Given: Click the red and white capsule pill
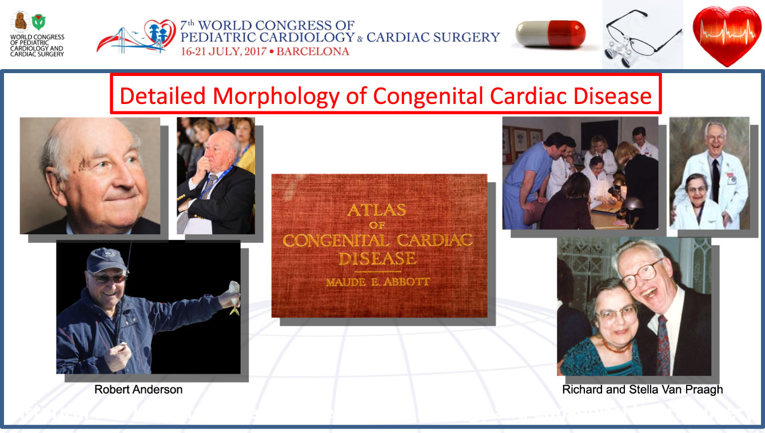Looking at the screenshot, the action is pos(551,34).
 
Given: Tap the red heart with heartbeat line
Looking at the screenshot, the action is pos(727,35).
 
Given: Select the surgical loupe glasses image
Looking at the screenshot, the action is pos(642,38).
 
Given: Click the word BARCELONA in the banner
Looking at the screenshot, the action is pos(313,51).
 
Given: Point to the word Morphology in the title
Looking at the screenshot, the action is pos(276,96).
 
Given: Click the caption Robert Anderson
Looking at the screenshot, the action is pos(138,390).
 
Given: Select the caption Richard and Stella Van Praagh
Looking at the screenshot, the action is pos(643,390).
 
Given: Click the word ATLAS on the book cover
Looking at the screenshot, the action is pos(377,210).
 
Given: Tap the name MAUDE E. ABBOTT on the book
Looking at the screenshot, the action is pos(377,282).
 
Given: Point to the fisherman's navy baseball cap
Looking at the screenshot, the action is pos(106,260).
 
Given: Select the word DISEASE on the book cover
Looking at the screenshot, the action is pos(377,259).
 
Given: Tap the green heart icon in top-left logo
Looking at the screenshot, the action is pos(38,22).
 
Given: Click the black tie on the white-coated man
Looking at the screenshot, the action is pos(716,180).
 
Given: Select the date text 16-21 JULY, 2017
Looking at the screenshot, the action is pos(224,51).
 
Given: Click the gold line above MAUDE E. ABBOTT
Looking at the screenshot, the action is pos(378,272).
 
